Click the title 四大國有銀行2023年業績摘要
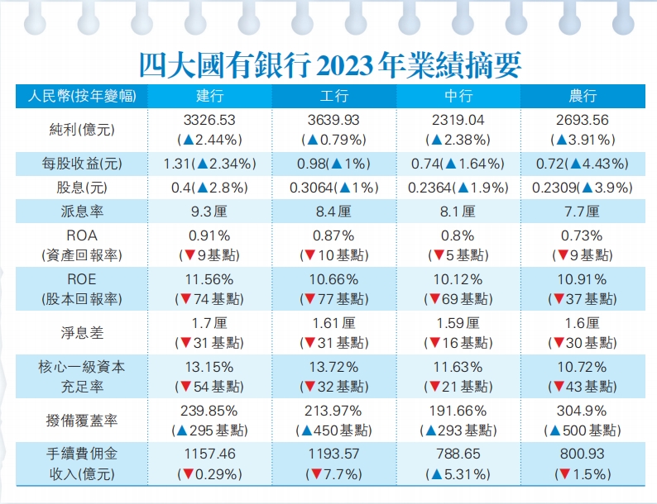click(328, 64)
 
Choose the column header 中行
click(458, 96)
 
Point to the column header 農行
click(583, 96)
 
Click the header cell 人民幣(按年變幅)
click(80, 96)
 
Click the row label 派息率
click(80, 211)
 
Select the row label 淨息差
click(80, 331)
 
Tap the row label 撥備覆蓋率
click(80, 421)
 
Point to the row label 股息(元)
click(80, 188)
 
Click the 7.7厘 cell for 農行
click(583, 211)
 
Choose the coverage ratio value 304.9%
click(583, 411)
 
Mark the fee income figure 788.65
click(458, 454)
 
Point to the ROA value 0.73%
click(583, 235)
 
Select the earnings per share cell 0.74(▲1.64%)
click(458, 164)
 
